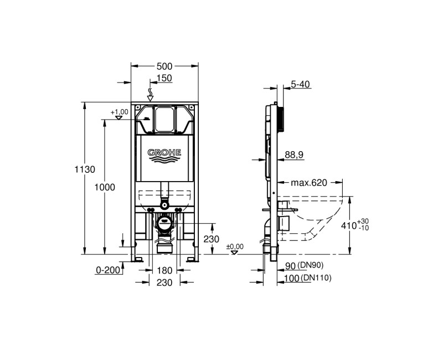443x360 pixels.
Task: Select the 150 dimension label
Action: (164, 78)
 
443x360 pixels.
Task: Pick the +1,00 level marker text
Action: (119, 112)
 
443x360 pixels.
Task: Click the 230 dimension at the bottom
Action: (164, 282)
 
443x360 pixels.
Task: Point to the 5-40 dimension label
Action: (300, 84)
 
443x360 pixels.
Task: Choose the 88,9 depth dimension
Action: (294, 156)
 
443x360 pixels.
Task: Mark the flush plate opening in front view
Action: (164, 119)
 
